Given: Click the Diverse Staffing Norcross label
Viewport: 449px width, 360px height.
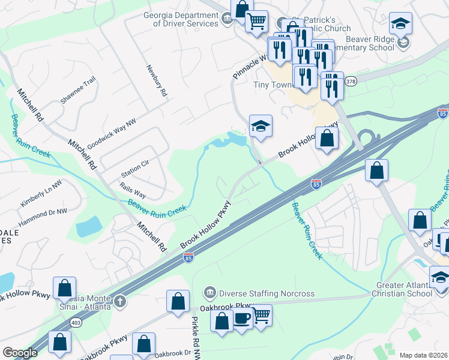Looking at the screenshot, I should [258, 293].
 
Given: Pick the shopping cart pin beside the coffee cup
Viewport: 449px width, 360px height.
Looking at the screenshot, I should [261, 314].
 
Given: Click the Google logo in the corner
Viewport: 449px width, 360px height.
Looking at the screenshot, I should [20, 353].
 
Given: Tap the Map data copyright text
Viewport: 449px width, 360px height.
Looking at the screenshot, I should [423, 355].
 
